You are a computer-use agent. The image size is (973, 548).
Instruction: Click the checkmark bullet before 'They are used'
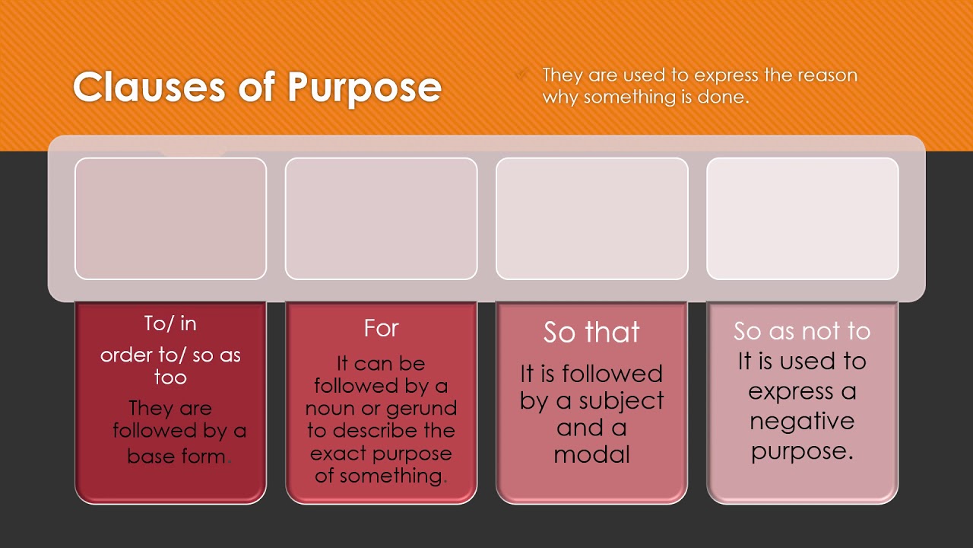522,75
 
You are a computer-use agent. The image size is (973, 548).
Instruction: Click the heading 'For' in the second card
381,329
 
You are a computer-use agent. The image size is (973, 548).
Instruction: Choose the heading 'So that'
591,333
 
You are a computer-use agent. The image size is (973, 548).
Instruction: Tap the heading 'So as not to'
802,331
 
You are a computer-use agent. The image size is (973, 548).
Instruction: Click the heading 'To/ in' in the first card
170,323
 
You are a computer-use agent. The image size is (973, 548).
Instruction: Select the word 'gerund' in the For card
421,409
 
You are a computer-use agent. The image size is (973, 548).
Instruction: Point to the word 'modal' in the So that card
591,455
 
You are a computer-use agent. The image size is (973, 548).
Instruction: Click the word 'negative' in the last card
802,421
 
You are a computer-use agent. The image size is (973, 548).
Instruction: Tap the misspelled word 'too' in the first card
170,378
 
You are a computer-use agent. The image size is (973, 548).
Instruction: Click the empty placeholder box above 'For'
381,218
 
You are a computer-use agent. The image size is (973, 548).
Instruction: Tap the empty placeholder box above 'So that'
591,218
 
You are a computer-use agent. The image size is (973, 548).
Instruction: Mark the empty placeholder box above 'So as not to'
802,218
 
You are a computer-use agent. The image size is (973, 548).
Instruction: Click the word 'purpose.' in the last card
802,451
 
